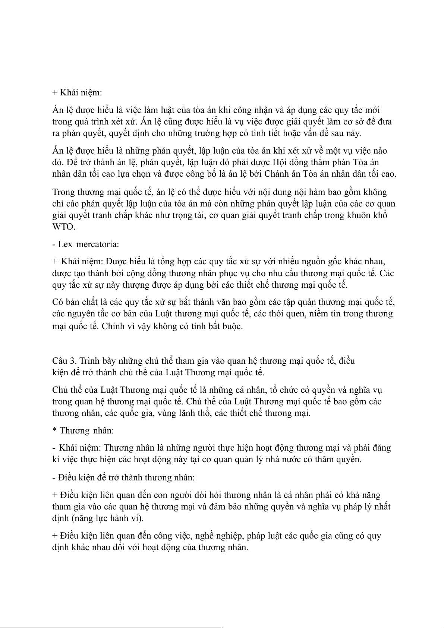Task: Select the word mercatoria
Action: click(98, 244)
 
